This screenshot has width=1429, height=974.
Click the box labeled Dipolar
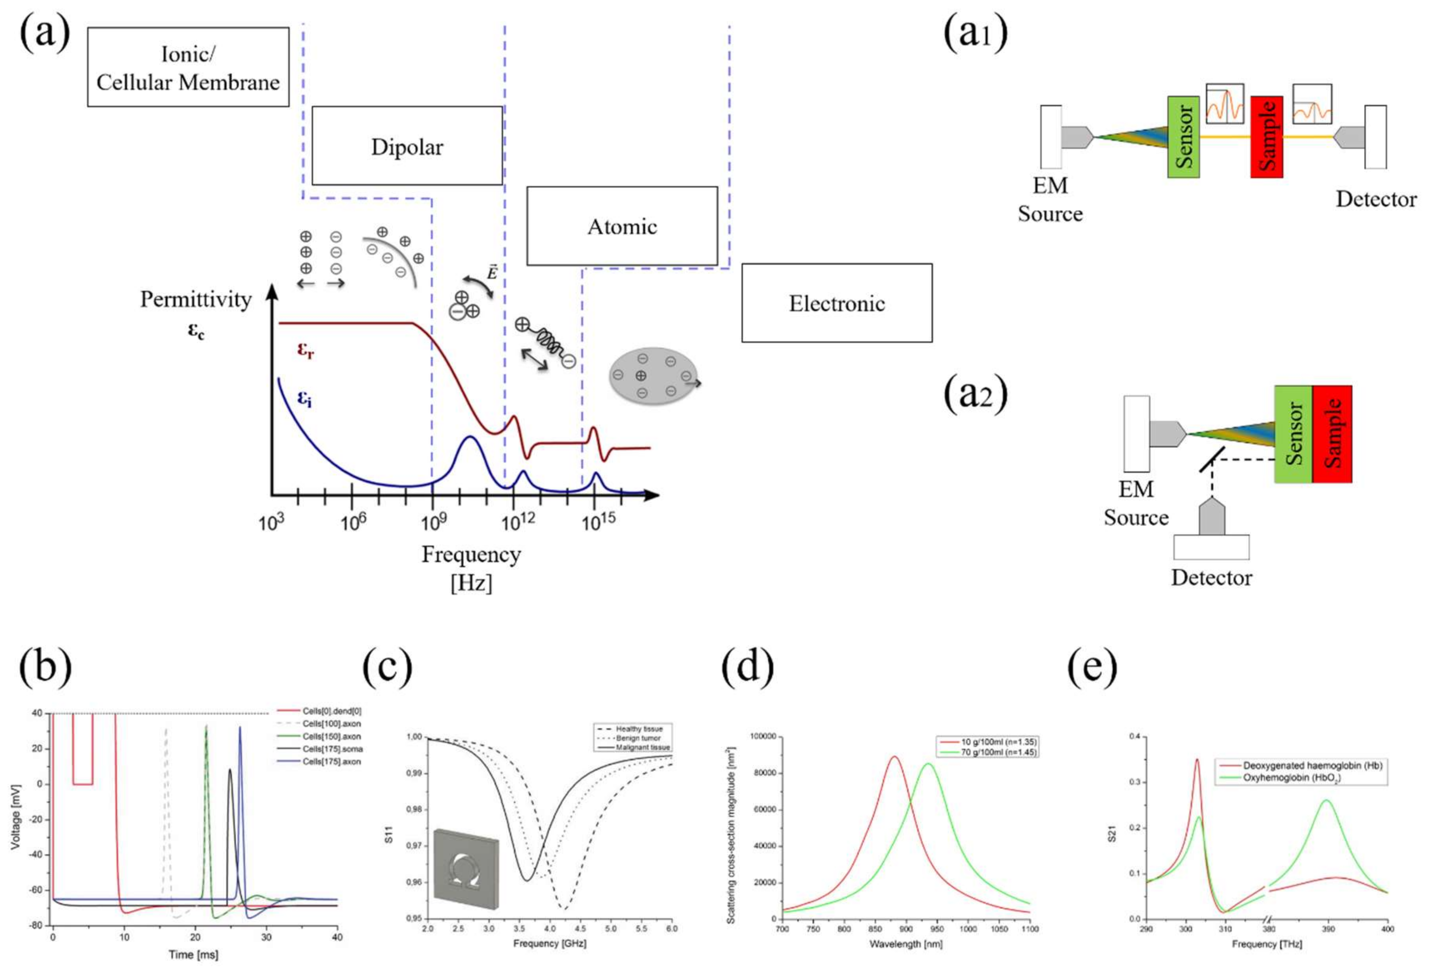click(x=407, y=146)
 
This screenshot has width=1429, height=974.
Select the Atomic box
click(x=622, y=226)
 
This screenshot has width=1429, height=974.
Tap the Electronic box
click(x=836, y=303)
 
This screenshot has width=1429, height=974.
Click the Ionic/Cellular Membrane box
click(x=188, y=67)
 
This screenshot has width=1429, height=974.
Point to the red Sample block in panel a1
click(x=1266, y=136)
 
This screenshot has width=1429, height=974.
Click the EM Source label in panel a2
click(x=1136, y=503)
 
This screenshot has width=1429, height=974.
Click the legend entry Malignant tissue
click(x=643, y=747)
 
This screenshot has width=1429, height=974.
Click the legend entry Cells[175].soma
click(x=332, y=749)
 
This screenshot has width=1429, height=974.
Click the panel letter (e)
click(x=1092, y=665)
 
